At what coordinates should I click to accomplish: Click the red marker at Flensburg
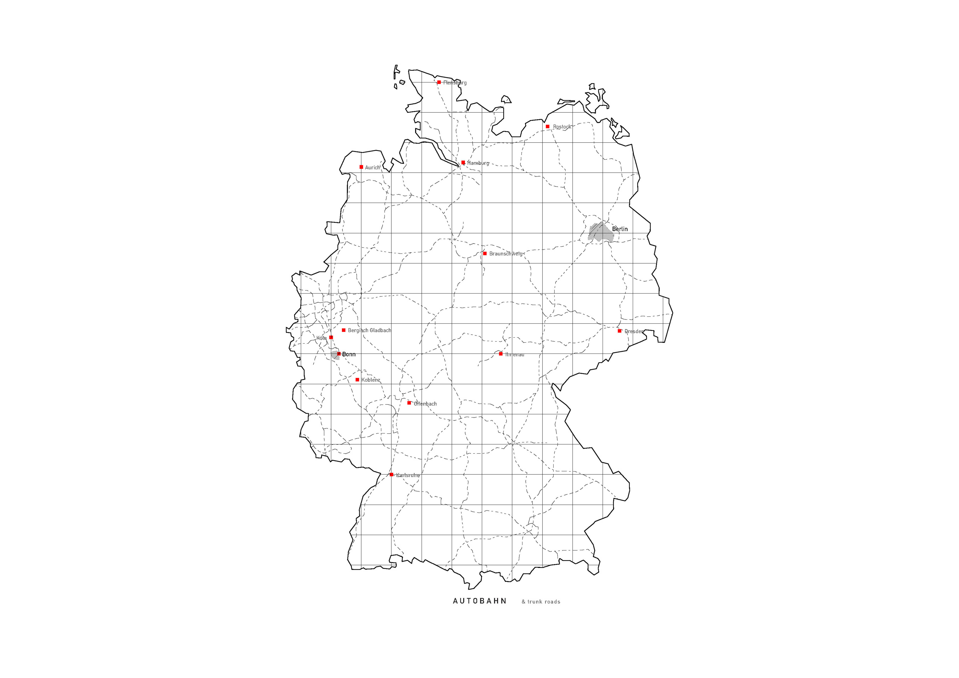439,82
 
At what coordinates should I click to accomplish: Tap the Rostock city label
562,127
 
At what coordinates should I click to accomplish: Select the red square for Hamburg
463,162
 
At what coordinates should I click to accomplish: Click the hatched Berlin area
600,232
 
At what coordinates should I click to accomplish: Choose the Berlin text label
620,229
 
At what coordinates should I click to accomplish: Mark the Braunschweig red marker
485,253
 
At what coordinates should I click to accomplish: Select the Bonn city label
349,354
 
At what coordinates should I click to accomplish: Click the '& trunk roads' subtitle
541,602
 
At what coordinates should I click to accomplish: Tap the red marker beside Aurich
361,167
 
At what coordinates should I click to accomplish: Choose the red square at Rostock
548,127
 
